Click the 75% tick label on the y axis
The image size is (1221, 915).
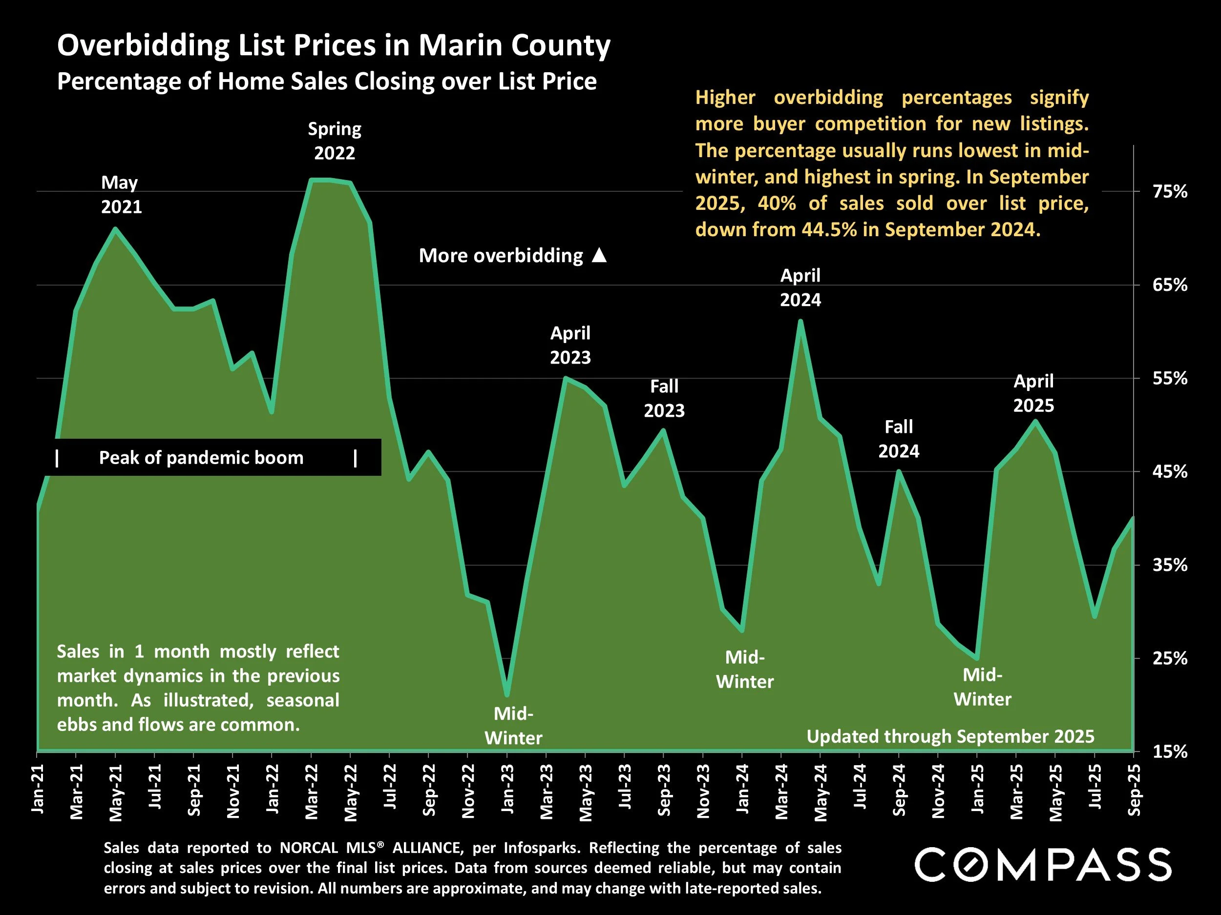pyautogui.click(x=1170, y=192)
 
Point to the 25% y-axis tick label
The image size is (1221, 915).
pyautogui.click(x=1170, y=658)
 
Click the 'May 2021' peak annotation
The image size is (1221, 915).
pyautogui.click(x=121, y=195)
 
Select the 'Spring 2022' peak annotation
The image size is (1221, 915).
pyautogui.click(x=335, y=141)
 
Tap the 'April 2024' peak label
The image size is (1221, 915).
pyautogui.click(x=800, y=287)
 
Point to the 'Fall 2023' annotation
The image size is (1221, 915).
pyautogui.click(x=664, y=398)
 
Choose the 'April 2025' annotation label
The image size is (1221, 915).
pyautogui.click(x=1033, y=393)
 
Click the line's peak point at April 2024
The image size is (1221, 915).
pyautogui.click(x=800, y=322)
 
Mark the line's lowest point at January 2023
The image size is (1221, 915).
pyautogui.click(x=507, y=695)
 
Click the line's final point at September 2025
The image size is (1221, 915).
pyautogui.click(x=1133, y=518)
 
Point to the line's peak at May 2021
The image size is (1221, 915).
pyautogui.click(x=115, y=228)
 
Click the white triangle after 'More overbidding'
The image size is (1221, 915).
pyautogui.click(x=599, y=255)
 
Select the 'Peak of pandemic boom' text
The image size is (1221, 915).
pyautogui.click(x=201, y=458)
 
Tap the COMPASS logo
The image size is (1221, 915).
pyautogui.click(x=1043, y=865)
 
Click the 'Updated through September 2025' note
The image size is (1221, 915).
pyautogui.click(x=950, y=736)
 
